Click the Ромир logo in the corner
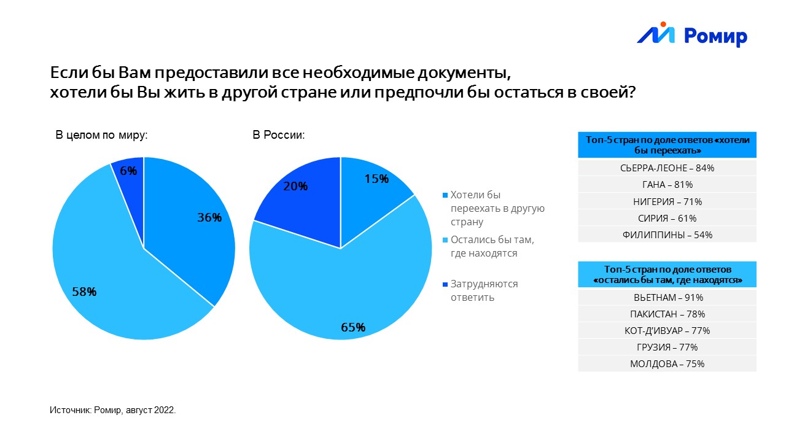(x=692, y=35)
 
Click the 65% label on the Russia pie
(x=353, y=327)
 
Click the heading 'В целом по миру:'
(x=101, y=135)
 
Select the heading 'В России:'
(x=279, y=135)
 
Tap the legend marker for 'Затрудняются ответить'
(x=445, y=285)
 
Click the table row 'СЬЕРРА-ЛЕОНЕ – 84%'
(x=667, y=168)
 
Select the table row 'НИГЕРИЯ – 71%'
(x=667, y=201)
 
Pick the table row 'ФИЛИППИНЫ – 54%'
(x=667, y=235)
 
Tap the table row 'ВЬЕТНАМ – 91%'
(x=667, y=297)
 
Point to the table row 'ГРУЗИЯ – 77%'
(x=667, y=347)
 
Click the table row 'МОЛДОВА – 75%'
(x=667, y=363)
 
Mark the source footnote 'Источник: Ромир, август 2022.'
(x=112, y=410)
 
